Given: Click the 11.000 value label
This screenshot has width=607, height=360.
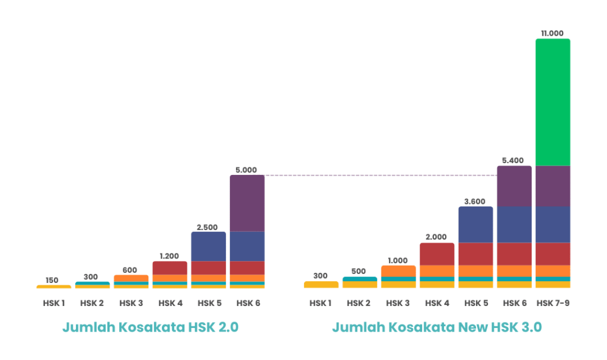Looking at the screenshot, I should pos(552,33).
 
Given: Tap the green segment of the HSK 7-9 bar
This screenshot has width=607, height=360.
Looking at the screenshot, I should pos(552,102).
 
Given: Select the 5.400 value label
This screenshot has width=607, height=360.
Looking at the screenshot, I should pos(514,160).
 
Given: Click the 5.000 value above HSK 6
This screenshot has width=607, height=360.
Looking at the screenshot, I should pos(247,170).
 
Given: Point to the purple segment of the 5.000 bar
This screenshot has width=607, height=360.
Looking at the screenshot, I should pos(247,203).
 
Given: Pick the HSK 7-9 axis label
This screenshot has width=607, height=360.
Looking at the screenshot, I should pos(552,304).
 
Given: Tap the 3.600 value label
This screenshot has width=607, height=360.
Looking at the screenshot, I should pos(475,201).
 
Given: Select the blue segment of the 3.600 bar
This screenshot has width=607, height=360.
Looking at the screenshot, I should pos(475,225).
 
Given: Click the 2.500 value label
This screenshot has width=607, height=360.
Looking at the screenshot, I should pos(208,227).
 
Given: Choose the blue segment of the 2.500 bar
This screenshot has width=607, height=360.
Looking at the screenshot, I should pos(208,246).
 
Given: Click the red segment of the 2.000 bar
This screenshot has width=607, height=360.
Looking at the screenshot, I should pos(437,254).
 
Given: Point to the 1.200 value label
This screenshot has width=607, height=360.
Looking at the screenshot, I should pos(170,256).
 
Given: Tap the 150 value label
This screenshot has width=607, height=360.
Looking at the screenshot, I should pos(53,280).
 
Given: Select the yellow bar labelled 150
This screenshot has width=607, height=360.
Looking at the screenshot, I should pos(53,286).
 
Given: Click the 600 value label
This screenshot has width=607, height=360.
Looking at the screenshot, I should pos(130,270).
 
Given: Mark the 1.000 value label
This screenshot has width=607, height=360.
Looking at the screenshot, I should pos(398,260).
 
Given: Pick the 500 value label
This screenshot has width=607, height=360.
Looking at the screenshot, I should pos(359,272).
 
